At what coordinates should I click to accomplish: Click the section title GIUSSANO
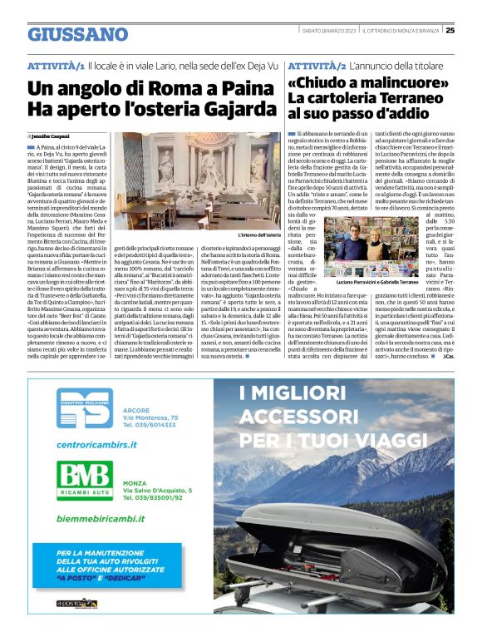[x=76, y=33]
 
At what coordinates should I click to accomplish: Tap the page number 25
[x=471, y=31]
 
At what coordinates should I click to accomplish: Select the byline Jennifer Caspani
[x=51, y=135]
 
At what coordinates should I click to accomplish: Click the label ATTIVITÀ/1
[x=56, y=65]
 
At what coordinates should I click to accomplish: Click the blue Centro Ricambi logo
[x=86, y=411]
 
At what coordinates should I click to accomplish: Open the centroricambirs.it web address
[x=96, y=446]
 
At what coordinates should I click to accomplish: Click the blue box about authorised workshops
[x=124, y=566]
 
